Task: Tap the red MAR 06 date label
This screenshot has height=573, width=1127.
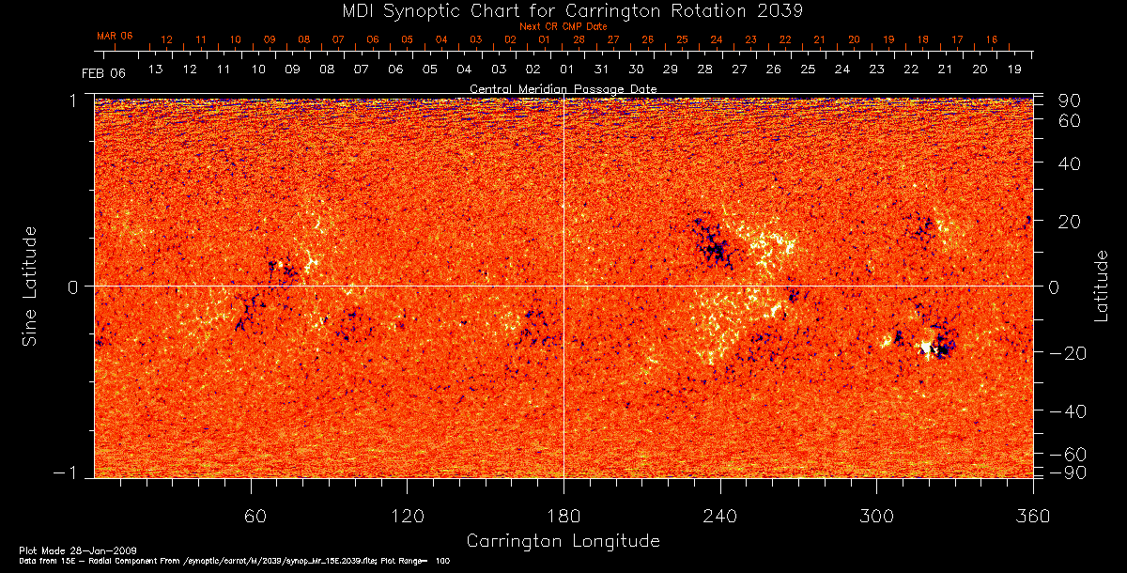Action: tap(115, 36)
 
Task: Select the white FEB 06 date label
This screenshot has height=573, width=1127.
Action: tap(103, 72)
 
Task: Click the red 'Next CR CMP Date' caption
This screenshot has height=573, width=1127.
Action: tap(563, 26)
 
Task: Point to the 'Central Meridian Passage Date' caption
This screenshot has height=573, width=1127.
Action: tap(563, 88)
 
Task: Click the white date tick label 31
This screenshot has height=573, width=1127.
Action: tap(601, 70)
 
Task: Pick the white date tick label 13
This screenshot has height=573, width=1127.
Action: tap(156, 70)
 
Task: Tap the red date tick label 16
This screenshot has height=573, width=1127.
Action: tap(991, 39)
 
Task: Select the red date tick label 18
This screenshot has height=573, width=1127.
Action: tap(922, 39)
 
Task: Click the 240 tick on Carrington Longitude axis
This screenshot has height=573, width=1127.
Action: tap(720, 516)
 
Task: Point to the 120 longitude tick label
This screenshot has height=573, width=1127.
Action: tap(408, 516)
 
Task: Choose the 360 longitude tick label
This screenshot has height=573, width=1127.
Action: tap(1032, 516)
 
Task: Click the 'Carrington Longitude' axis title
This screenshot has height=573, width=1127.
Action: tap(563, 541)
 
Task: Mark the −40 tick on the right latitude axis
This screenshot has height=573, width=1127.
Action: tap(1064, 411)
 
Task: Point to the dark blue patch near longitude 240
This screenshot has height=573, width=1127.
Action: tap(716, 249)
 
